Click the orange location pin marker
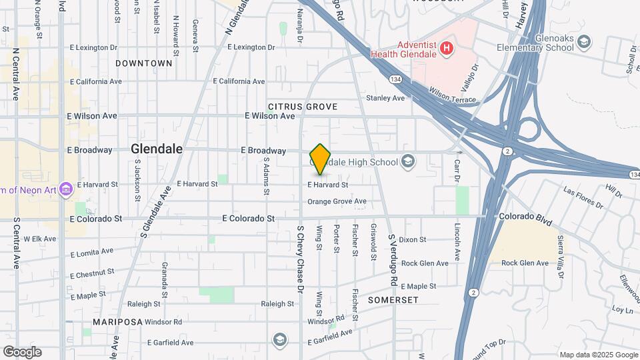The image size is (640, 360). pyautogui.click(x=321, y=159)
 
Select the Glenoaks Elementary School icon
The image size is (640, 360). pyautogui.click(x=584, y=43)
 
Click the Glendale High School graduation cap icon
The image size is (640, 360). pyautogui.click(x=407, y=161)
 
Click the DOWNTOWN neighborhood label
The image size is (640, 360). pyautogui.click(x=143, y=63)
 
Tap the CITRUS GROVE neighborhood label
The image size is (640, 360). pyautogui.click(x=303, y=107)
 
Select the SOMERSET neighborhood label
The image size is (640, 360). pyautogui.click(x=393, y=300)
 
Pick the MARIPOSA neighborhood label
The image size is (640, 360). pyautogui.click(x=118, y=321)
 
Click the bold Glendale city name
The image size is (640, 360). pyautogui.click(x=157, y=149)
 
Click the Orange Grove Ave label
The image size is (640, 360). pyautogui.click(x=337, y=201)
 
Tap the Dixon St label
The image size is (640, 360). pyautogui.click(x=413, y=239)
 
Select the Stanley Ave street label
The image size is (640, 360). pyautogui.click(x=385, y=98)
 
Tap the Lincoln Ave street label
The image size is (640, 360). pyautogui.click(x=458, y=243)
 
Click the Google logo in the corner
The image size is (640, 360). pyautogui.click(x=22, y=351)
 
